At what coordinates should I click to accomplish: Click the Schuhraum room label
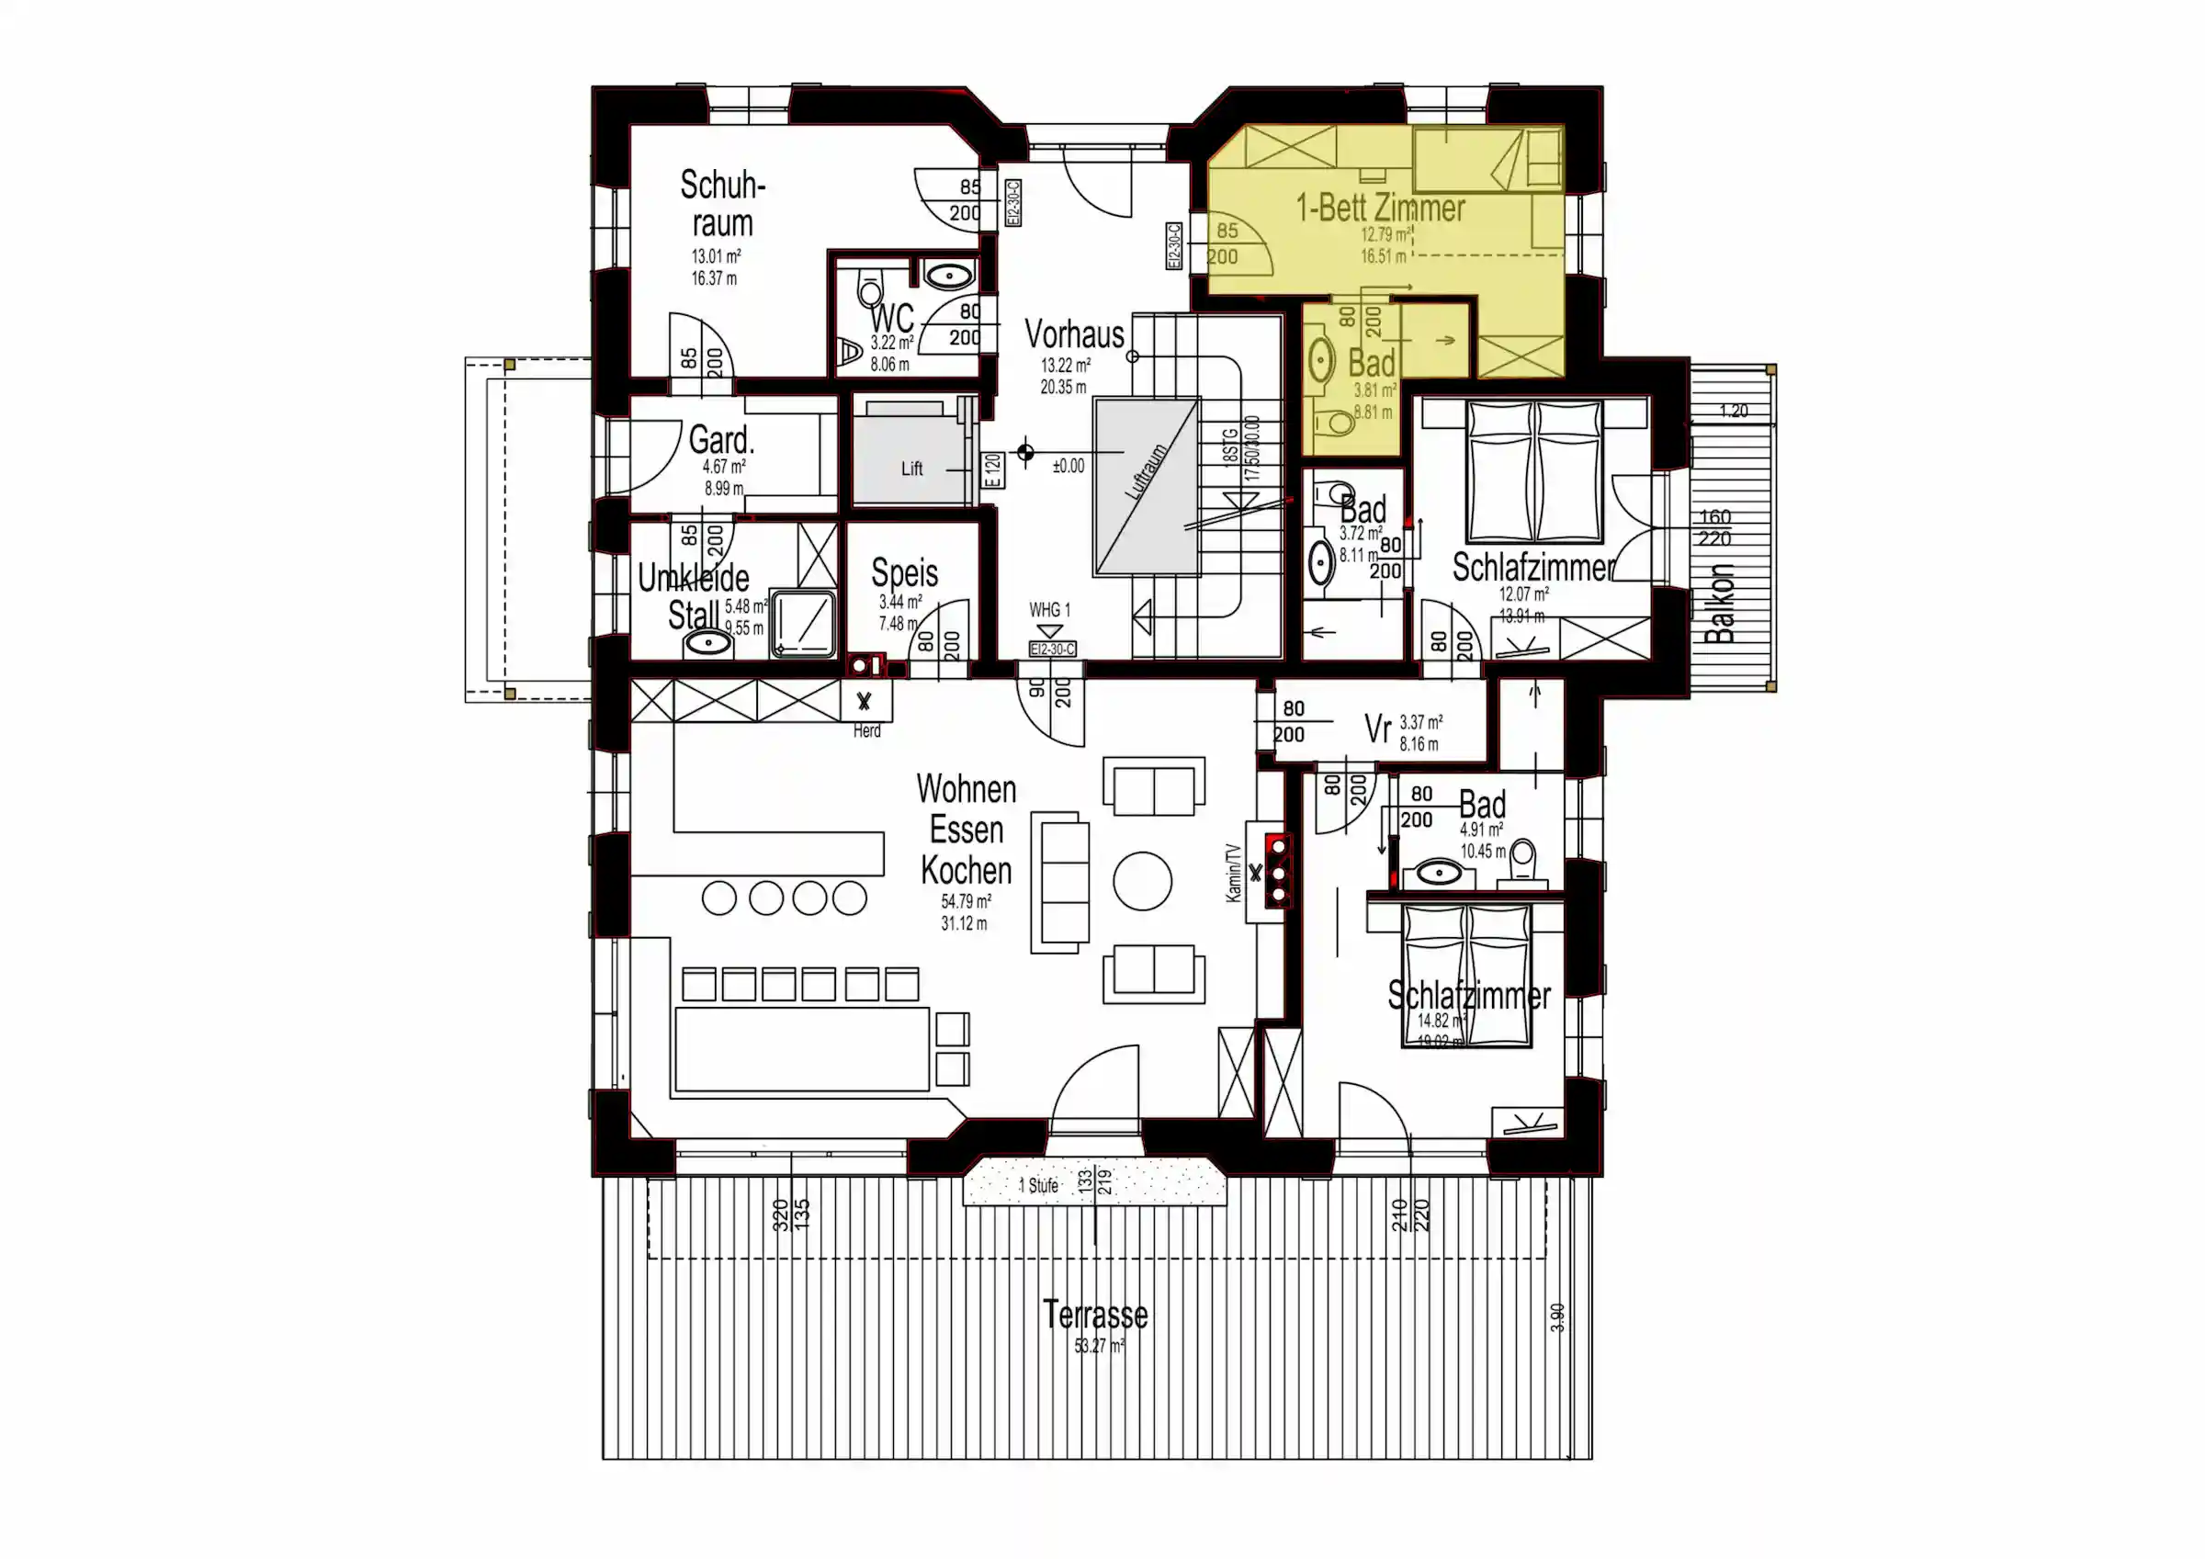[x=722, y=204]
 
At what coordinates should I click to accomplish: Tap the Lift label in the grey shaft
[x=911, y=469]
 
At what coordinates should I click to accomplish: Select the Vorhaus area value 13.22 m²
[x=1065, y=366]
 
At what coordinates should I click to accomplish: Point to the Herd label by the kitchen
[x=866, y=731]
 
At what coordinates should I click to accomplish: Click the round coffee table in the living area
[x=1142, y=880]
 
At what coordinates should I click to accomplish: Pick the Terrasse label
[x=1095, y=1315]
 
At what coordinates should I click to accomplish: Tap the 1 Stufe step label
[x=1038, y=1185]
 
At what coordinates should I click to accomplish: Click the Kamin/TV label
[x=1234, y=873]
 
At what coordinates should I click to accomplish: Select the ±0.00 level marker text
[x=1068, y=467]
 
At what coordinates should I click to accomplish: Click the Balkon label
[x=1721, y=604]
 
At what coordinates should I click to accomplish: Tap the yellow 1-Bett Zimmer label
[x=1380, y=208]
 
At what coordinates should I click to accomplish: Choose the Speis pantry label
[x=904, y=573]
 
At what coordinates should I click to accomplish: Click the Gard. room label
[x=721, y=441]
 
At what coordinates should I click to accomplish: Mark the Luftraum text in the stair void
[x=1146, y=470]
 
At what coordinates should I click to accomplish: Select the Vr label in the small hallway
[x=1377, y=729]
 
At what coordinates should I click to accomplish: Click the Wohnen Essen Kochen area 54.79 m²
[x=966, y=902]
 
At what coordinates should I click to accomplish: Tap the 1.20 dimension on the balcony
[x=1733, y=412]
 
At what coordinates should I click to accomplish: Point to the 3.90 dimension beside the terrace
[x=1556, y=1317]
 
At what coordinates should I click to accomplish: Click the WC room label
[x=891, y=318]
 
